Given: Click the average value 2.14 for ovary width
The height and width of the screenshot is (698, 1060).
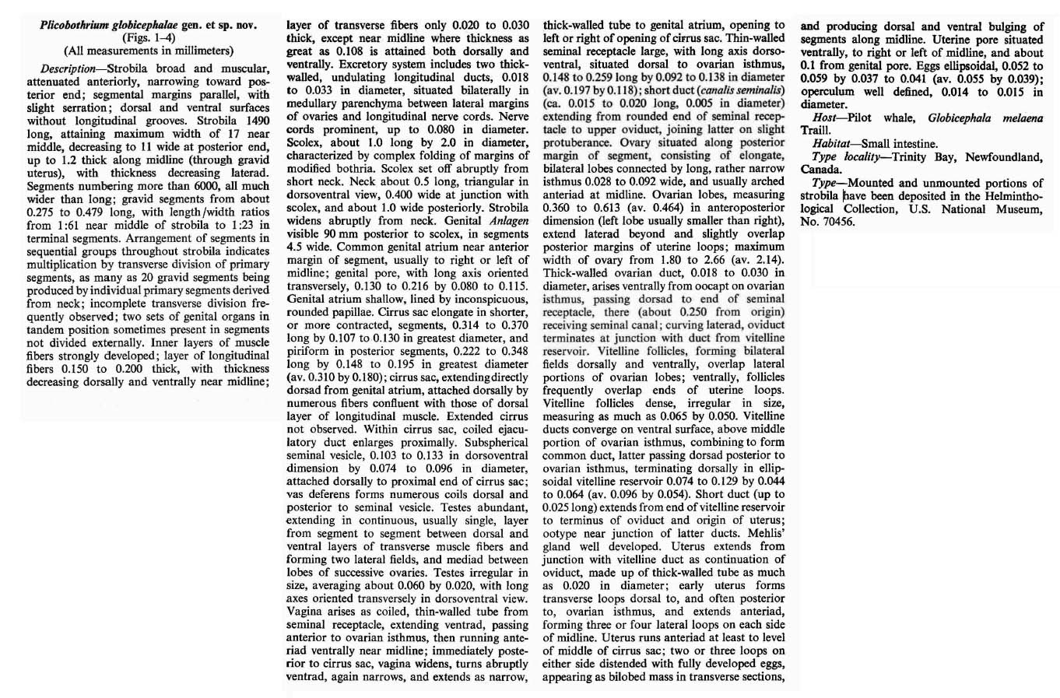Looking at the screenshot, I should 768,258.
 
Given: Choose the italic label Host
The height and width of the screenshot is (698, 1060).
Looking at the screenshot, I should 825,117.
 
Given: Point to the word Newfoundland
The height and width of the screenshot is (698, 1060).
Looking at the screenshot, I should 1004,157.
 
